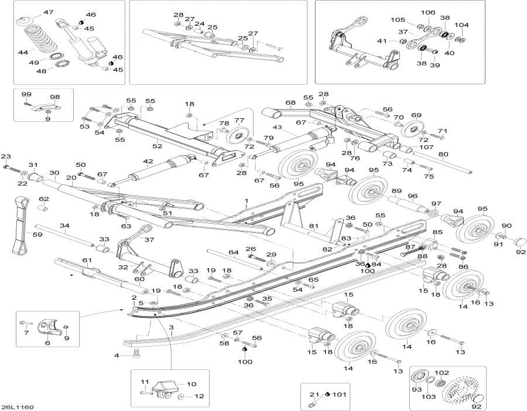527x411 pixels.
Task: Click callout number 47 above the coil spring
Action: click(47, 12)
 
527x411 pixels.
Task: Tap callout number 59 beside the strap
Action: click(21, 235)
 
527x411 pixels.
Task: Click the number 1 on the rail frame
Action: click(247, 201)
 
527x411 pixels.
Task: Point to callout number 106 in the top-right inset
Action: click(429, 12)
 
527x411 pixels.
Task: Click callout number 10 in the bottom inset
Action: click(191, 384)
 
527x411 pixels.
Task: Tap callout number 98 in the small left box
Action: click(54, 97)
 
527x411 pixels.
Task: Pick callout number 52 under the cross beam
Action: click(157, 146)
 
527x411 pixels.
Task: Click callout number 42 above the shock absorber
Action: click(148, 162)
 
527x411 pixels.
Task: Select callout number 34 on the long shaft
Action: click(64, 225)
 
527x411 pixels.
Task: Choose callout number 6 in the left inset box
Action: click(47, 344)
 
